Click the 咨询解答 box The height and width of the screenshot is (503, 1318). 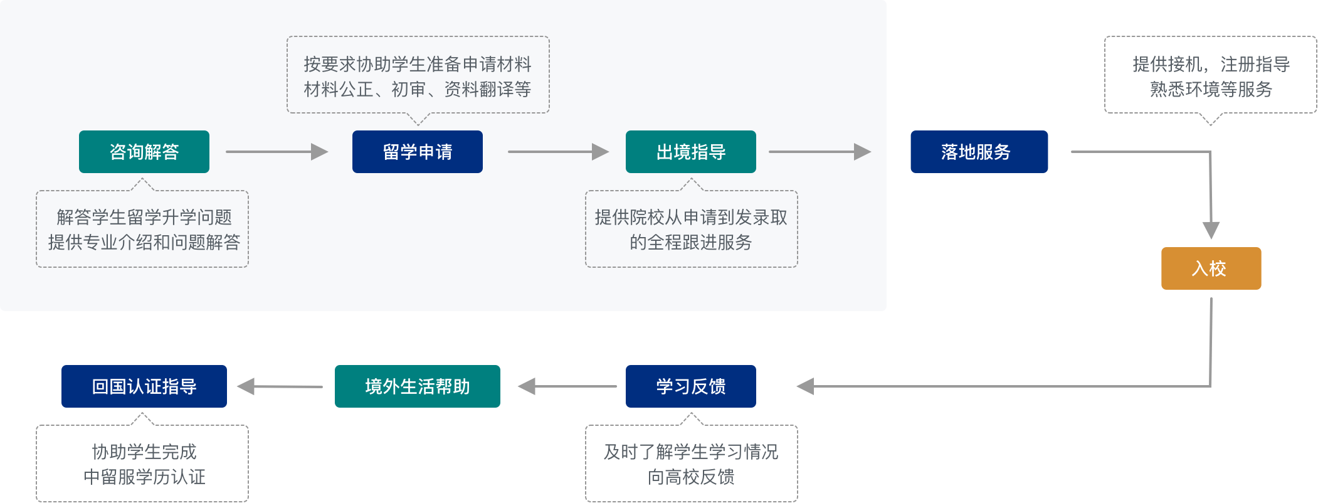tap(144, 152)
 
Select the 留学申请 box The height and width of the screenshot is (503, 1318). tap(418, 152)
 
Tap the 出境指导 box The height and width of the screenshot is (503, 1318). tap(691, 152)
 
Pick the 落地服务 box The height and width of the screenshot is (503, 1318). tap(979, 152)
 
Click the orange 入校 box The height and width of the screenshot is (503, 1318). tap(1211, 268)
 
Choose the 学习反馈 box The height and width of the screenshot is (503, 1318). tap(691, 386)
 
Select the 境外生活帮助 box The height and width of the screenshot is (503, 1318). tap(418, 386)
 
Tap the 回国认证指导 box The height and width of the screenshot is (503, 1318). tap(144, 386)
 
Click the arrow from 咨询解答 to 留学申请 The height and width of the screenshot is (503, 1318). tap(277, 152)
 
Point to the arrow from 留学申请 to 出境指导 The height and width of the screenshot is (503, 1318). tap(558, 152)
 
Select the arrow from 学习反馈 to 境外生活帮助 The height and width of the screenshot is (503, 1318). tap(567, 386)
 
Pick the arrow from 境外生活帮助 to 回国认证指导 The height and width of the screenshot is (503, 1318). tap(280, 386)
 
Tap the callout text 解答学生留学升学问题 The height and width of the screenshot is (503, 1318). tap(144, 217)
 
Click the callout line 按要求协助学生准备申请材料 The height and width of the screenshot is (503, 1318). tap(418, 64)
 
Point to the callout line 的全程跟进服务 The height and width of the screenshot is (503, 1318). tap(691, 242)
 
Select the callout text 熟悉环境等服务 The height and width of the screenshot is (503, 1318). tap(1211, 89)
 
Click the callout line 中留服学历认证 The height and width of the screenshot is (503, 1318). tap(144, 477)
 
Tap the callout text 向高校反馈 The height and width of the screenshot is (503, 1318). tap(691, 477)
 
